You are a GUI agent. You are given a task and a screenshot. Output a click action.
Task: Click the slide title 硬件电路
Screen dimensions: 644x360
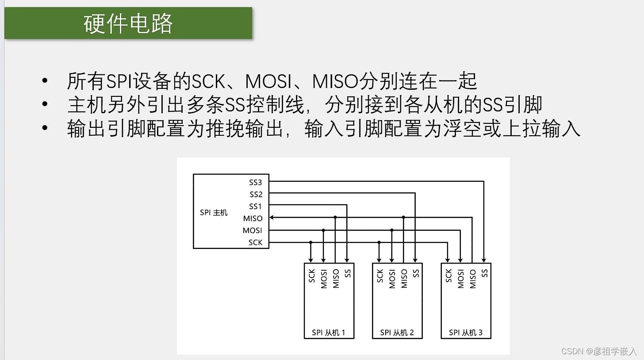tap(128, 23)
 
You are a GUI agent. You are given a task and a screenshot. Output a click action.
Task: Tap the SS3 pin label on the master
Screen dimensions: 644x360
tap(256, 182)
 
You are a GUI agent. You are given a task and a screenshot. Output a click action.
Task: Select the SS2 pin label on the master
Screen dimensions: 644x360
tap(256, 194)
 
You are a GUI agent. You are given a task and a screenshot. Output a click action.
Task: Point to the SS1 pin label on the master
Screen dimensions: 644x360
tap(256, 206)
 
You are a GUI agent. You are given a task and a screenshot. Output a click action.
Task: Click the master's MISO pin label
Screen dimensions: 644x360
tap(253, 218)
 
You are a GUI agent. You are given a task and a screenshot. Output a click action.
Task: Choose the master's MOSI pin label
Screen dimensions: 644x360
tap(252, 230)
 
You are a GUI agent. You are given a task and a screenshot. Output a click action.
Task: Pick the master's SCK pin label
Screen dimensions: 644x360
tap(255, 242)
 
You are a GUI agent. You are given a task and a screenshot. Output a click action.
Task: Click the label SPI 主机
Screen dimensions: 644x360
tap(214, 213)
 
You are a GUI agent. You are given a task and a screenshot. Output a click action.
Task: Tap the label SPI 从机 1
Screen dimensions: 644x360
tap(328, 333)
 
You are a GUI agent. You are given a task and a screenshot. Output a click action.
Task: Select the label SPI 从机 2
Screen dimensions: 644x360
tap(397, 333)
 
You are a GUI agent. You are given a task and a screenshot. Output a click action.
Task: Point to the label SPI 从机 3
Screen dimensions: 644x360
tap(465, 333)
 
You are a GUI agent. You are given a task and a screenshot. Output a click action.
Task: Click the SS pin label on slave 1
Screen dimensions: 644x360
tap(348, 273)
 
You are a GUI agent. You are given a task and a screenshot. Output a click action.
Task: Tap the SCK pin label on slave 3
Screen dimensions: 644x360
tap(448, 276)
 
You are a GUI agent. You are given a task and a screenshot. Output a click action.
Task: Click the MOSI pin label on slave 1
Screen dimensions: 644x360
tap(324, 279)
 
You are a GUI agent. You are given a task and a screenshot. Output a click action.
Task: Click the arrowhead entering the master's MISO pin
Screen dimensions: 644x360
tap(272, 218)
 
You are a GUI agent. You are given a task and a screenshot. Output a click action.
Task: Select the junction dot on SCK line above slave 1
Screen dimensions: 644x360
tap(311, 242)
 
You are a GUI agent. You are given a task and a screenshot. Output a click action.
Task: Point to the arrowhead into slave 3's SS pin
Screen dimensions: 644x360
tap(484, 260)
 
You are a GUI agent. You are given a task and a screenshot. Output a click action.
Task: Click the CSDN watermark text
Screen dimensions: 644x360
tap(599, 351)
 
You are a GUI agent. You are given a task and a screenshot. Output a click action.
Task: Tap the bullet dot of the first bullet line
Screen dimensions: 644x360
tap(44, 81)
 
